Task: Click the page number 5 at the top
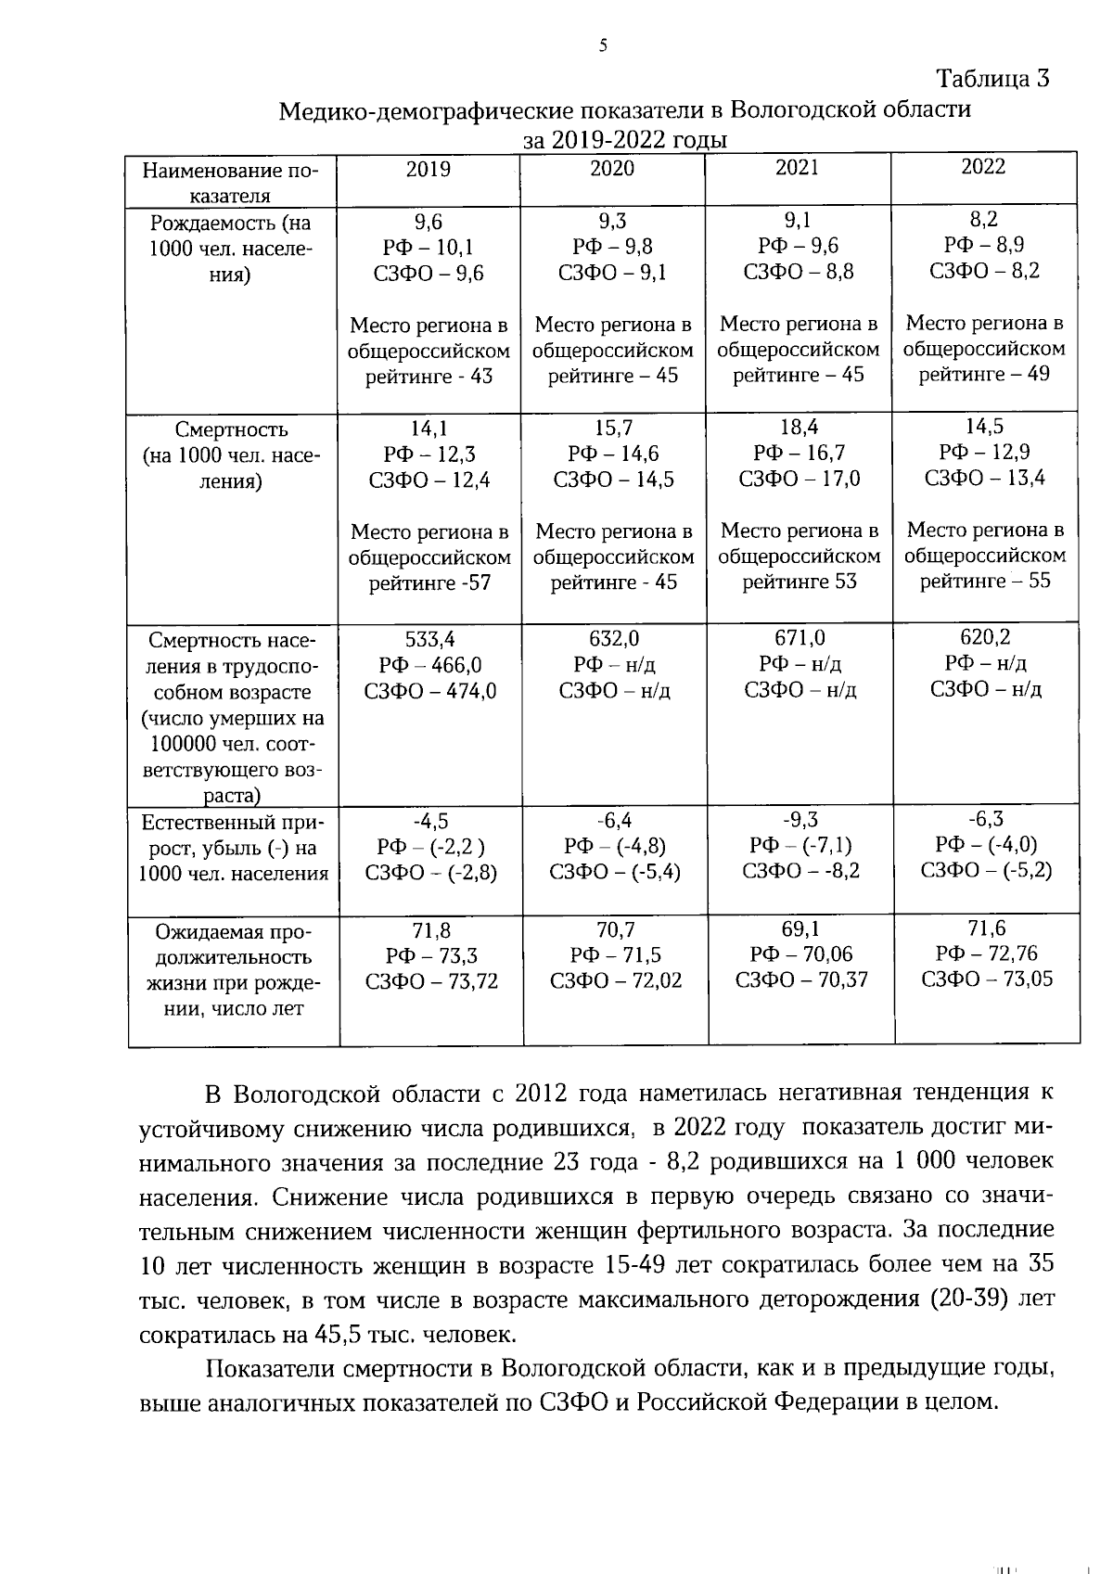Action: (x=603, y=45)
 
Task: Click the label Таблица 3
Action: (x=992, y=78)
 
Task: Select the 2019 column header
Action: (x=429, y=169)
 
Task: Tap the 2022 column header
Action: (x=983, y=166)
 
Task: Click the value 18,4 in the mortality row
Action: (x=798, y=427)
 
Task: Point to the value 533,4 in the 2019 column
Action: (x=429, y=639)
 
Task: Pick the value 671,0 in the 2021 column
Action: (x=800, y=637)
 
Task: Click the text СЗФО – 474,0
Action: (x=430, y=691)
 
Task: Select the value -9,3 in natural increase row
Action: (x=800, y=819)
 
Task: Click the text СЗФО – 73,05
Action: (x=987, y=979)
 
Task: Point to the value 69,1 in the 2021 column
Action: (x=800, y=928)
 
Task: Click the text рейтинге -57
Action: (x=429, y=582)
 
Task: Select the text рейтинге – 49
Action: (x=984, y=374)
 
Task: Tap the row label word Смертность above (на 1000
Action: (x=232, y=429)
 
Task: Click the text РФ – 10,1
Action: (x=429, y=247)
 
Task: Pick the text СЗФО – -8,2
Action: (x=800, y=870)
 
